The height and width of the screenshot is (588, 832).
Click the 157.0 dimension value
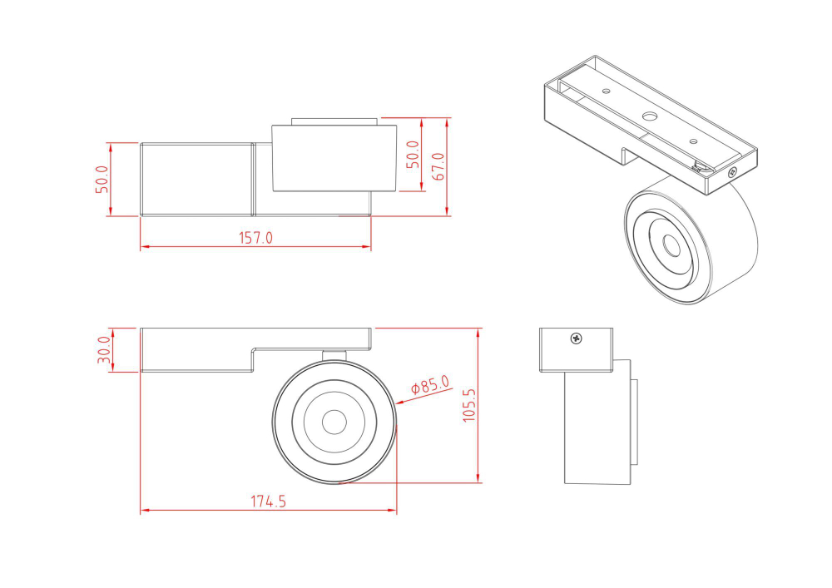256,238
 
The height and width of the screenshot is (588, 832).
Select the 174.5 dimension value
268,502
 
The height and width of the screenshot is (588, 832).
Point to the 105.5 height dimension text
468,405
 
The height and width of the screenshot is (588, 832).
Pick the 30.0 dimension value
104,350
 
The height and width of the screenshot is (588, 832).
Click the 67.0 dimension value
438,166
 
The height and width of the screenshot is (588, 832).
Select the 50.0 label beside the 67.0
413,155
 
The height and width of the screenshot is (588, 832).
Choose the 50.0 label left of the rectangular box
102,180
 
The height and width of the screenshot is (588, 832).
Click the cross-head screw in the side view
576,338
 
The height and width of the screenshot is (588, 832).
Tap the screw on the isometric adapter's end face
732,172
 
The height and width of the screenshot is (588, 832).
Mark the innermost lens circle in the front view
334,422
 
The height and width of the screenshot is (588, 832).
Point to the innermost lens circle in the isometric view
671,245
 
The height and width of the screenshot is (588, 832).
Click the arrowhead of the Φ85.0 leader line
399,403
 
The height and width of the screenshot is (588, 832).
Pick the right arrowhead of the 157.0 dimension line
368,247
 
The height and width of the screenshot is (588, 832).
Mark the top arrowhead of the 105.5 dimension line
478,331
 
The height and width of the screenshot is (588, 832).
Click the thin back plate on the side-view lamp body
635,422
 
